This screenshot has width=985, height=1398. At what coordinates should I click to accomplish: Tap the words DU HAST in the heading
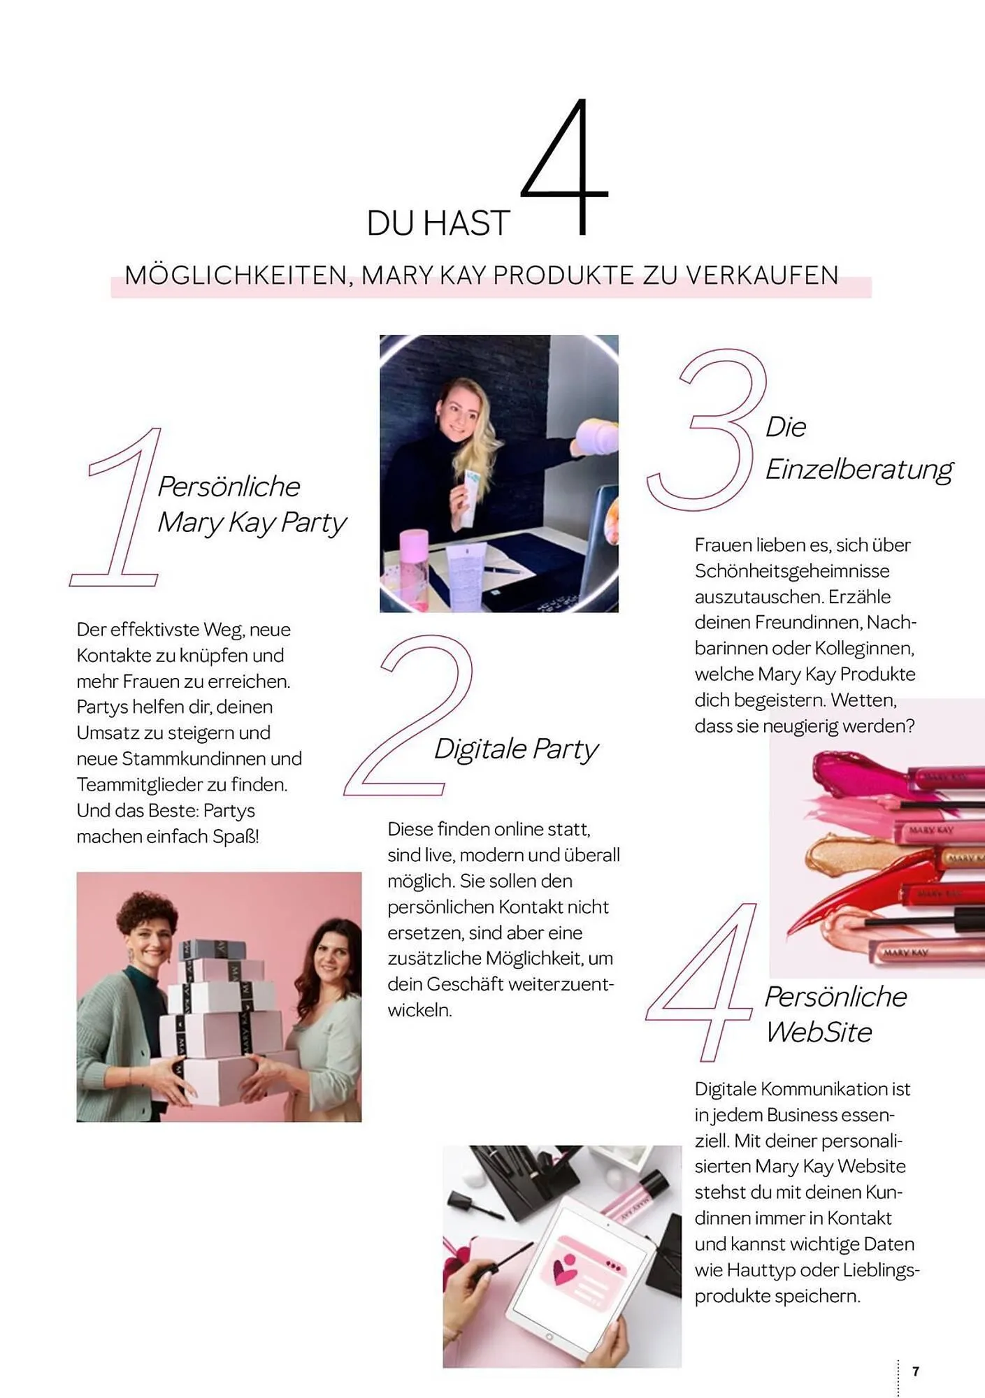[438, 224]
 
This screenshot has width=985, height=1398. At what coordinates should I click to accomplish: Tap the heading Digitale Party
[516, 749]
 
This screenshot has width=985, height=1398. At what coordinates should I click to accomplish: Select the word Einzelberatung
[859, 469]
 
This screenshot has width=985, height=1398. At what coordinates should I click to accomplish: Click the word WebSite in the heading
[819, 1032]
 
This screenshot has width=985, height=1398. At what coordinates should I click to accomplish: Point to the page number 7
[916, 1371]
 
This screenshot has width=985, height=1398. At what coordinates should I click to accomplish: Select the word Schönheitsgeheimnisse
[792, 571]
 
